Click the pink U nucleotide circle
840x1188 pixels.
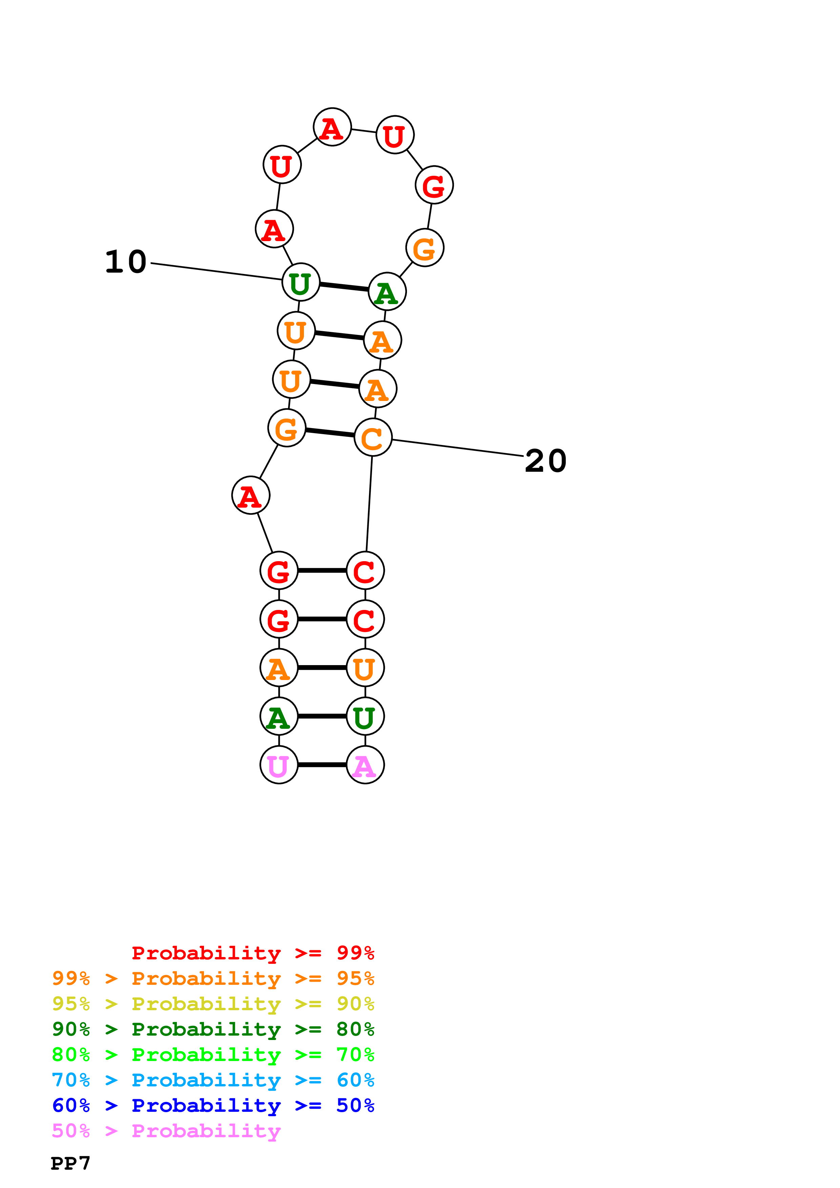pyautogui.click(x=279, y=764)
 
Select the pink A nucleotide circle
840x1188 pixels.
pyautogui.click(x=365, y=764)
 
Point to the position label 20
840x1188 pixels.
pyautogui.click(x=546, y=461)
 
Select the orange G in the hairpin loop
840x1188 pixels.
pyautogui.click(x=424, y=248)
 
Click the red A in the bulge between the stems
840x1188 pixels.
pyautogui.click(x=250, y=495)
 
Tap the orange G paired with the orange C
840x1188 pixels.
pyautogui.click(x=287, y=428)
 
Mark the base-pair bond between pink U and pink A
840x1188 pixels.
pyautogui.click(x=322, y=764)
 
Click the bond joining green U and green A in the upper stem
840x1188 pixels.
pyautogui.click(x=344, y=287)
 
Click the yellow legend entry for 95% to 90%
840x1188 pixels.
pyautogui.click(x=213, y=1003)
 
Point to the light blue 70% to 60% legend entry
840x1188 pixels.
pyautogui.click(x=213, y=1080)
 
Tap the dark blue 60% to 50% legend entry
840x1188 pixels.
pyautogui.click(x=213, y=1105)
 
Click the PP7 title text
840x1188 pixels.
pyautogui.click(x=70, y=1163)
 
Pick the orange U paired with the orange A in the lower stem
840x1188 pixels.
pyautogui.click(x=365, y=667)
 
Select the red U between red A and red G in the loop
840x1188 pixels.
pyautogui.click(x=395, y=135)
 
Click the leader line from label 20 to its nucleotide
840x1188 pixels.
pyautogui.click(x=458, y=448)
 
